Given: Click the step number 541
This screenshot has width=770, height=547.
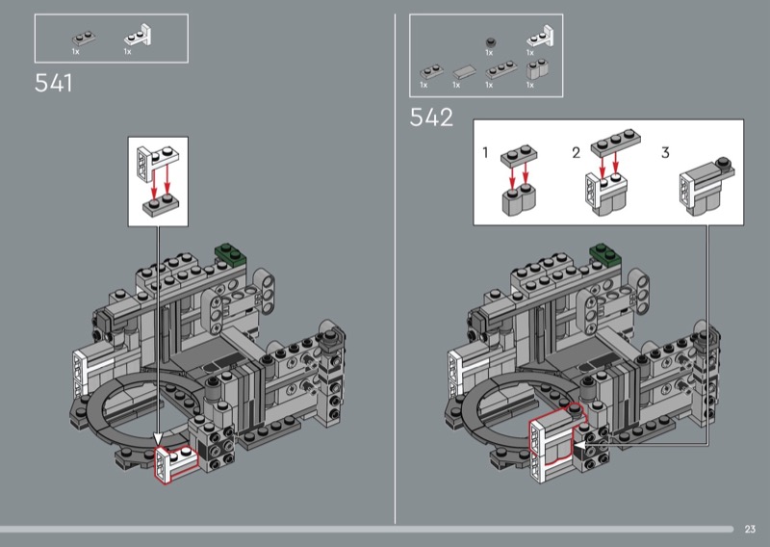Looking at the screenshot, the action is click(x=54, y=83).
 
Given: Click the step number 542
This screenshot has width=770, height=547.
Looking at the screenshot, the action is click(x=431, y=117).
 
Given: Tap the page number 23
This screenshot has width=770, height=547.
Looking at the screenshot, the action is click(x=750, y=529).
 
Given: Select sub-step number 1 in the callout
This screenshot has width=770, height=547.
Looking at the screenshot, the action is click(x=485, y=152).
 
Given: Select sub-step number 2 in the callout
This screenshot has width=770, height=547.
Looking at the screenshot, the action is click(x=576, y=153).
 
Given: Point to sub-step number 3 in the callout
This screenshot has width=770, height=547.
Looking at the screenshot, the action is click(x=665, y=152).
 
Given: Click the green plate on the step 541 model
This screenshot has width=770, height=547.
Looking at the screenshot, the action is click(x=230, y=254).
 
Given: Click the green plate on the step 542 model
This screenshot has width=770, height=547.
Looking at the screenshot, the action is click(x=605, y=254).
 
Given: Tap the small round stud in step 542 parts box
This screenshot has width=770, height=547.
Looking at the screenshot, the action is click(x=490, y=42).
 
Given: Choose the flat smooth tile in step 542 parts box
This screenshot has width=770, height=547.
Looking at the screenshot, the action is click(x=464, y=72).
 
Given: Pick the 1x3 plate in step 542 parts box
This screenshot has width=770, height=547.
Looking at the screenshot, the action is click(x=500, y=69).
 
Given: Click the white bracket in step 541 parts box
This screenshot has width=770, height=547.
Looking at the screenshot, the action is click(x=139, y=36).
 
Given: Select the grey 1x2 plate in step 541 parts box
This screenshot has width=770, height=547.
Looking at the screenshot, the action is click(x=84, y=39).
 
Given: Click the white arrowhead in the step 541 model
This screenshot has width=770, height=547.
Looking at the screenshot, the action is click(x=158, y=438).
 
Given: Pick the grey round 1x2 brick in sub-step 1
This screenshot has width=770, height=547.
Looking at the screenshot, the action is click(x=519, y=199).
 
